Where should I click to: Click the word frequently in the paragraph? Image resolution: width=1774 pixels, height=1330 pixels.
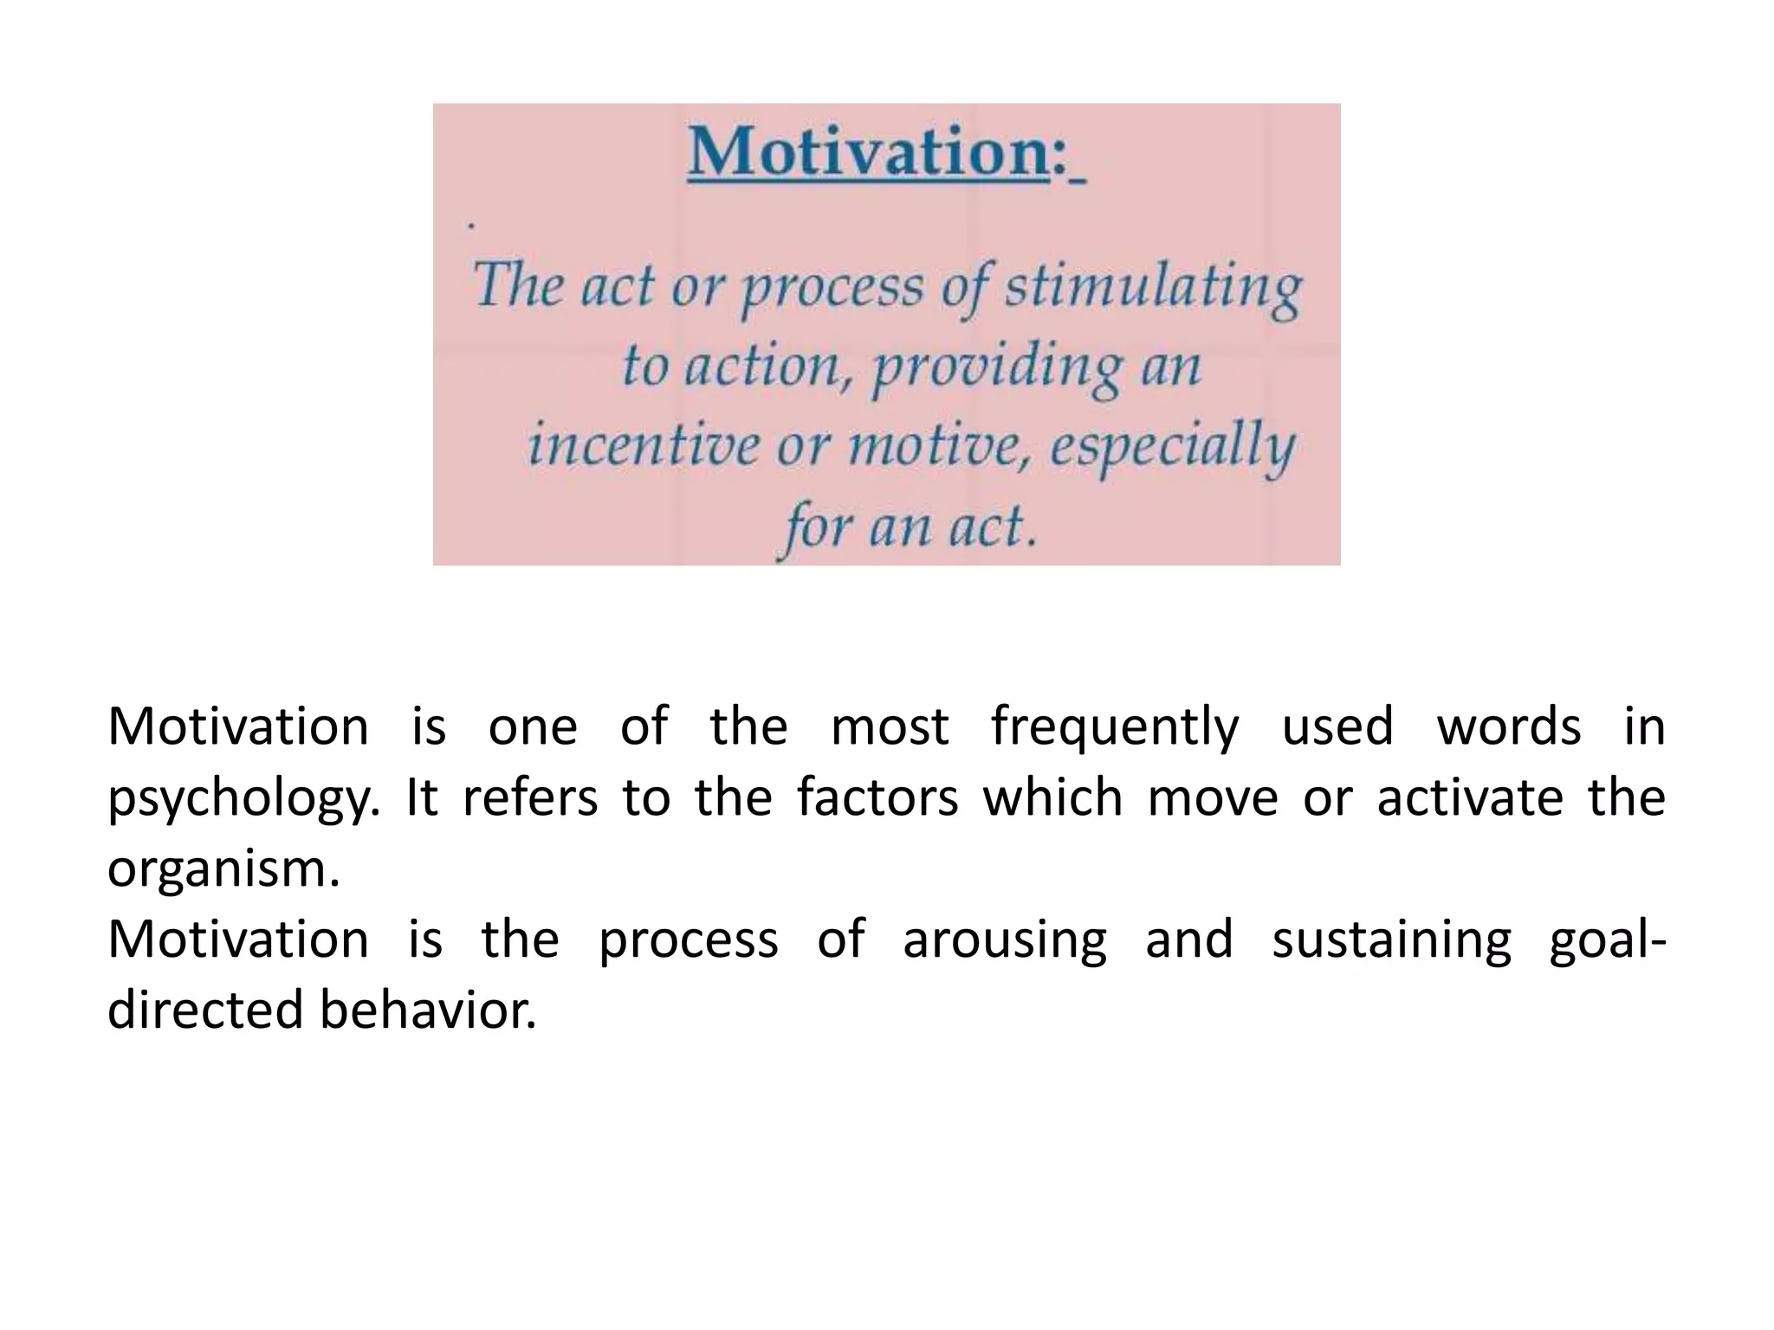pos(1116,727)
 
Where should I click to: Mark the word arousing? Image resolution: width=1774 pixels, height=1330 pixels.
pos(1005,940)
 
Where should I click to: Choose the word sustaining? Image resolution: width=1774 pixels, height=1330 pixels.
pos(1391,940)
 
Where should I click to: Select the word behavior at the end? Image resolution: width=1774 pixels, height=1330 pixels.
pos(428,1010)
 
